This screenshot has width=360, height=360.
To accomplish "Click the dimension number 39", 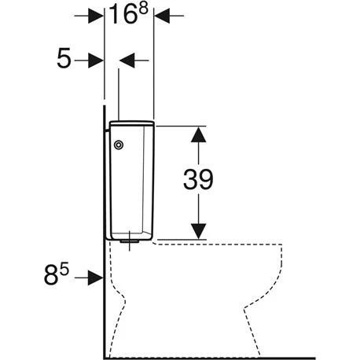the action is pos(198,179).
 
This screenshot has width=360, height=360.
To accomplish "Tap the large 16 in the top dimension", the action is pos(123,14).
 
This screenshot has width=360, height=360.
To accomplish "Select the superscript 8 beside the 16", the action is pos(144,9).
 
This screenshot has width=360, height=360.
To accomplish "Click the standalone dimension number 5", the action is pos(64,58).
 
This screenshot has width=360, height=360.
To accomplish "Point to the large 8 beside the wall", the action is pos(51,274).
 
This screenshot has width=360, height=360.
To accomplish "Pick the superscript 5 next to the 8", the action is pos(64,270).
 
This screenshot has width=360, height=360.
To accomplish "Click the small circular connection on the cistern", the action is pos(119,145).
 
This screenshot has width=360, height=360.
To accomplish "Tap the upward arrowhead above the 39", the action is pos(198,134).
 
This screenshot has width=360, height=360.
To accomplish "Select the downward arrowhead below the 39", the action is pos(198,231).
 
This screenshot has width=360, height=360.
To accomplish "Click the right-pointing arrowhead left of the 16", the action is pos(96,16).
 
